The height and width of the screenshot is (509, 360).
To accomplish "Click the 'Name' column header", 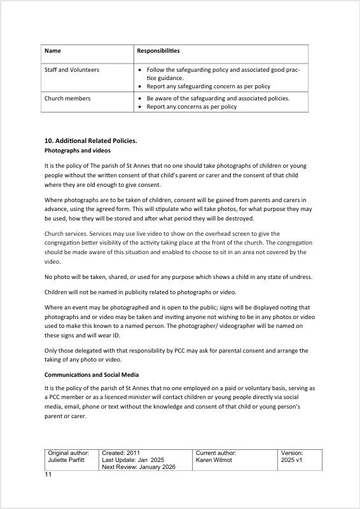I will tap(53, 50).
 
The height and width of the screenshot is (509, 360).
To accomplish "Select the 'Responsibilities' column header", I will tap(158, 50).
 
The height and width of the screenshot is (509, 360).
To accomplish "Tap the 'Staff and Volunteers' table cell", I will tap(71, 69).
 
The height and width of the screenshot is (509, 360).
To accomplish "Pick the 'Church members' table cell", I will tap(67, 98).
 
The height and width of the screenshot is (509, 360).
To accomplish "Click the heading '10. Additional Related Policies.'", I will tap(90, 140).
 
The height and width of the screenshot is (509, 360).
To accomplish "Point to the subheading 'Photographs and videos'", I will tap(77, 151).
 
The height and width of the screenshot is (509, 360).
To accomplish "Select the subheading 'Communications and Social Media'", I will tap(92, 375).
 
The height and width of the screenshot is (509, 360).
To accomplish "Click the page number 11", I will tap(48, 475).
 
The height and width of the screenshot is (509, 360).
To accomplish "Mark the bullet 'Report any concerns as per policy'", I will tap(191, 107).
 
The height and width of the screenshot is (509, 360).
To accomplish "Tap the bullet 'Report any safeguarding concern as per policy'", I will tap(208, 86).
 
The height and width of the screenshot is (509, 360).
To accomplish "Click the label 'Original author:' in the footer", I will tap(69, 452).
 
